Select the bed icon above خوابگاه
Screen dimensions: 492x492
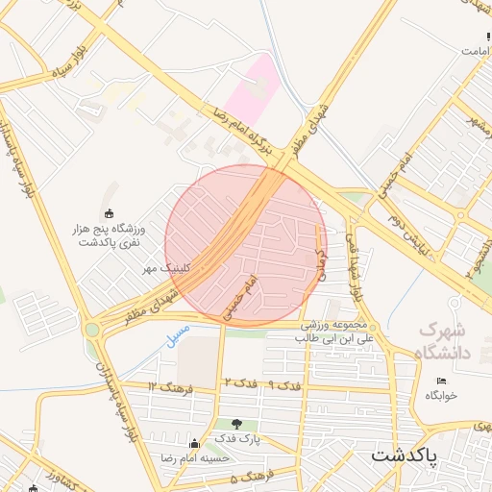tap(441, 382)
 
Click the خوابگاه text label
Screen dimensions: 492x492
tap(441, 395)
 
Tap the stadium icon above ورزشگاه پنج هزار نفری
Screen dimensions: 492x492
tap(108, 213)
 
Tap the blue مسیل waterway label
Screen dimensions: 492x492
tap(178, 336)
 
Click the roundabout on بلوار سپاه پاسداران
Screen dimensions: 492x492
tap(92, 330)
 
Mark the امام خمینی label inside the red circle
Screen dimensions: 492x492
tap(241, 299)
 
